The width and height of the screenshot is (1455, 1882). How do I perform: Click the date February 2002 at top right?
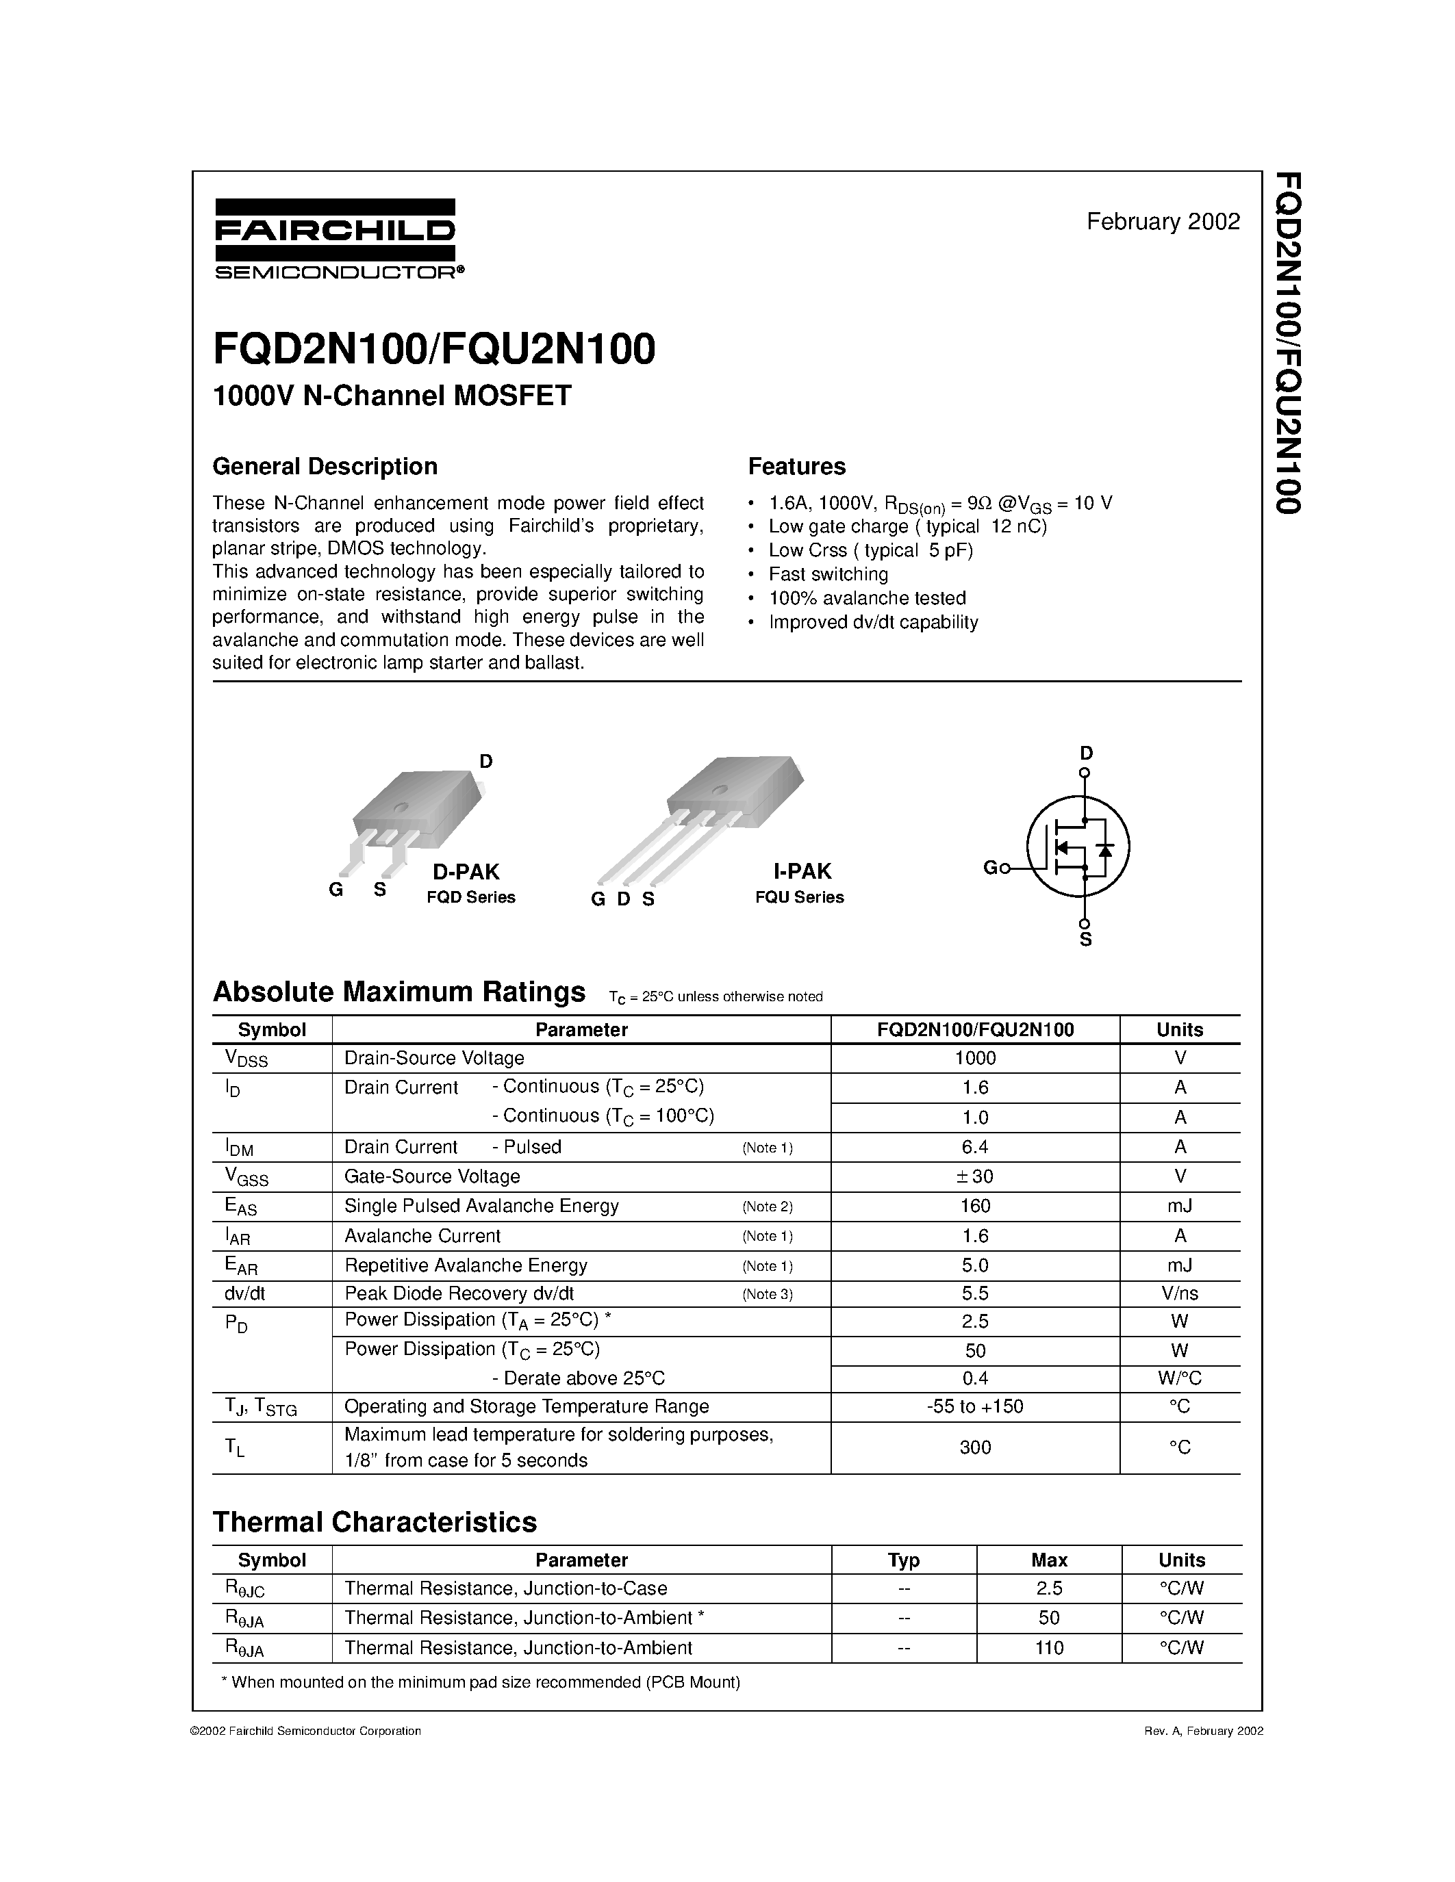[1163, 222]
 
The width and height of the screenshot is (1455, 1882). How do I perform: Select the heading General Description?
[325, 466]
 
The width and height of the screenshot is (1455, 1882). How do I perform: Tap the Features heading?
[796, 466]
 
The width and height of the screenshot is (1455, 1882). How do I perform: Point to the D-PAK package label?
[466, 871]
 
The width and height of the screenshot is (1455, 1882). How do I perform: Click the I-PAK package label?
[802, 871]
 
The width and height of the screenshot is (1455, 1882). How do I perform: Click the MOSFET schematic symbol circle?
[1078, 846]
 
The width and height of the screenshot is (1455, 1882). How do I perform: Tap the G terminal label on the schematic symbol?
[989, 868]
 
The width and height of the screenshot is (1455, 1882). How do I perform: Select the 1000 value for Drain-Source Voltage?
[975, 1058]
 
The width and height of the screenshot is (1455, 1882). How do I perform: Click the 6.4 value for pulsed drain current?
[975, 1147]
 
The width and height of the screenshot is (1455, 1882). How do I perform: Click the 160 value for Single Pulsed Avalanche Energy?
[975, 1206]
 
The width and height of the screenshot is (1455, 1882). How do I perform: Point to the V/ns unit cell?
[1179, 1293]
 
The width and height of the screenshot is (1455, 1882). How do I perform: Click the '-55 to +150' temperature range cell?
[975, 1406]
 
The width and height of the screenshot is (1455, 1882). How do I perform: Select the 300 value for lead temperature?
[975, 1447]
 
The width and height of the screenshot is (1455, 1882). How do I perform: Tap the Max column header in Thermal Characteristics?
[1049, 1560]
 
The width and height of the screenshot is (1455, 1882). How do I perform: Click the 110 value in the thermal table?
[1049, 1648]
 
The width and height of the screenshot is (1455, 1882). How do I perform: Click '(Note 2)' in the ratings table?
[767, 1207]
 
